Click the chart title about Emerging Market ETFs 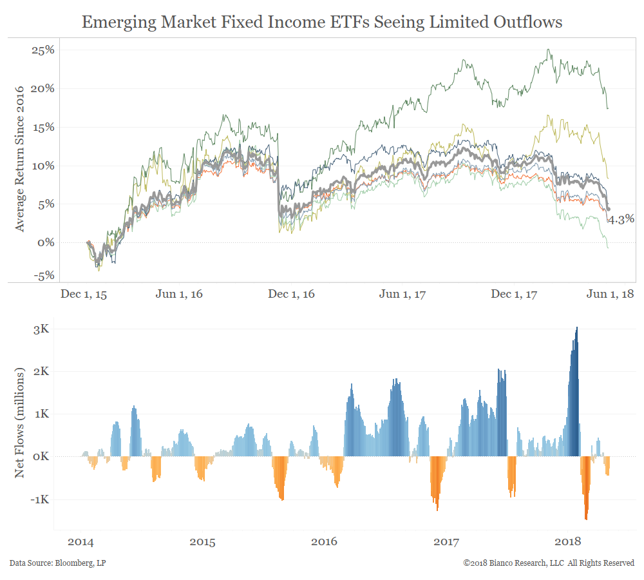click(x=322, y=23)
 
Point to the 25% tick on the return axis click(x=43, y=50)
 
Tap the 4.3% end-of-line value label click(x=621, y=218)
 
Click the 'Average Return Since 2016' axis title click(x=20, y=159)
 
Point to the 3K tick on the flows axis click(x=41, y=329)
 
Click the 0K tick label click(x=41, y=457)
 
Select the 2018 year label click(x=569, y=542)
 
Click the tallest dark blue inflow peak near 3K click(x=576, y=330)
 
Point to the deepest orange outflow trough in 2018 click(x=586, y=516)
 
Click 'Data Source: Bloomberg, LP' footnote click(x=57, y=563)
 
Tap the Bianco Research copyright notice click(x=549, y=563)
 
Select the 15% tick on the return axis click(x=43, y=127)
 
